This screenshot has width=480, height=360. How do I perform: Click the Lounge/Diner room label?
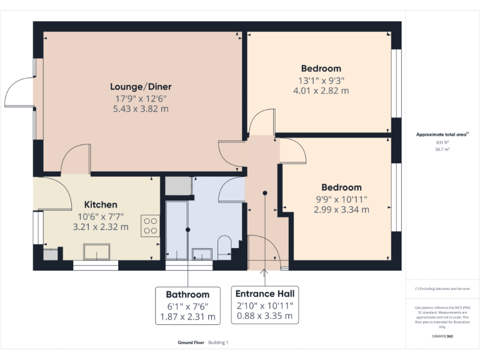pos(141,86)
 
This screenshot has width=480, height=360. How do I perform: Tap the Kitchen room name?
pos(101,204)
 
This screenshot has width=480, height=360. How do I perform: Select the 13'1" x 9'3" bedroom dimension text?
pos(321,80)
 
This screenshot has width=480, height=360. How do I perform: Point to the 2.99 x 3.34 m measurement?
pos(341,210)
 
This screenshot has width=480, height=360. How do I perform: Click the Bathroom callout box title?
pos(187,294)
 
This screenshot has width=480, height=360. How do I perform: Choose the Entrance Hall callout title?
pos(264,294)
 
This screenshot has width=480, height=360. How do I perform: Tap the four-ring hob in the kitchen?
pos(151,225)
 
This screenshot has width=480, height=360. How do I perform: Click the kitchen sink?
pos(97,252)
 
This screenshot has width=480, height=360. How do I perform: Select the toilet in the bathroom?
pos(224,247)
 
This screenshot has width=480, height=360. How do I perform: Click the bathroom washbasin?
pos(201,253)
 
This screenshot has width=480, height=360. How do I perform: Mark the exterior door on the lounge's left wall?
pos(19,94)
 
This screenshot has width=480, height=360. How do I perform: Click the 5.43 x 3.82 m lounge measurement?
pos(141,109)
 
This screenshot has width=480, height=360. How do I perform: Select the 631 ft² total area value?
pos(442,142)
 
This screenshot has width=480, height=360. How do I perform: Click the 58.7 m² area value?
pos(442,150)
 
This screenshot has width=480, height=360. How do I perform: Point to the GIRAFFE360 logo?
pos(442,336)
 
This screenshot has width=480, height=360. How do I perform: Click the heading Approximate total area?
pos(441,134)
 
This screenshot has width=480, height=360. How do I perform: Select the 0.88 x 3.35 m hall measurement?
pos(264,316)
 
